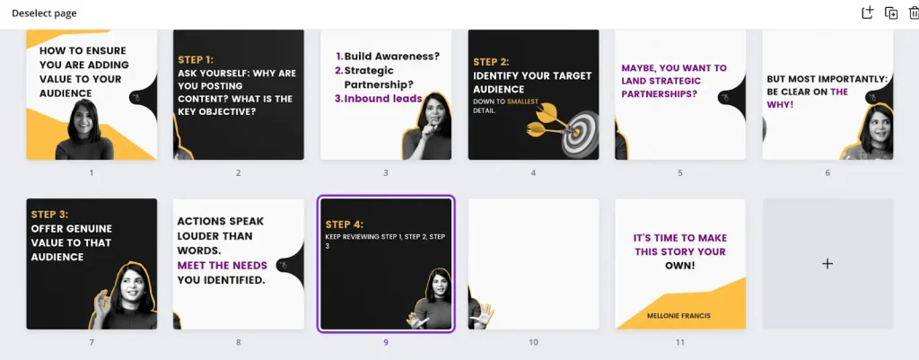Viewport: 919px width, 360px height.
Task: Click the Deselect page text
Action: pyautogui.click(x=44, y=13)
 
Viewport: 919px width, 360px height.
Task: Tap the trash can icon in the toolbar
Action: pyautogui.click(x=914, y=13)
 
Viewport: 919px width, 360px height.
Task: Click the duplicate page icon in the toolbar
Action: pyautogui.click(x=891, y=13)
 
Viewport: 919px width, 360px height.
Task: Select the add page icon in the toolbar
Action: pyautogui.click(x=868, y=13)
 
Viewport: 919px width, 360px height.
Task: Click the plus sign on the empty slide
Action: pyautogui.click(x=827, y=264)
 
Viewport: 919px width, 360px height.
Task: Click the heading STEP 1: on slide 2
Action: pyautogui.click(x=196, y=59)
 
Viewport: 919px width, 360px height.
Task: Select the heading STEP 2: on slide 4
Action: pyautogui.click(x=491, y=62)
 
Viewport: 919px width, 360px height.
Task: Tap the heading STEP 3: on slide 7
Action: pyautogui.click(x=49, y=215)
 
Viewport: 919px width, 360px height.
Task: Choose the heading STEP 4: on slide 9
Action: pyautogui.click(x=345, y=224)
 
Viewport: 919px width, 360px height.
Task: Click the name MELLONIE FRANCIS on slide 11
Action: pyautogui.click(x=678, y=315)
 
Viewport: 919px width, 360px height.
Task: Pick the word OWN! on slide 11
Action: pyautogui.click(x=680, y=266)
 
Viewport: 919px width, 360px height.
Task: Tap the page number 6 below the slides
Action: pyautogui.click(x=827, y=173)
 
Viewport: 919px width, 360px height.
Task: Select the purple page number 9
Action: pyautogui.click(x=386, y=342)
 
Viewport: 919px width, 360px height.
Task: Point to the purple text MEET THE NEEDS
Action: pyautogui.click(x=223, y=266)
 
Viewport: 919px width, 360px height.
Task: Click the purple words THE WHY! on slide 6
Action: pyautogui.click(x=808, y=98)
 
